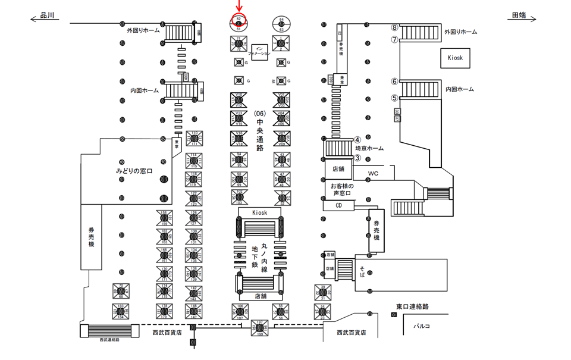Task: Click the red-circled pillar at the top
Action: pos(239,23)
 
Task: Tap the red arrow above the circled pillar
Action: pos(239,7)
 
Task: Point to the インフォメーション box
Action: pos(259,51)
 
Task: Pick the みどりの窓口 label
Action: pos(134,171)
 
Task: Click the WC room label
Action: pos(373,174)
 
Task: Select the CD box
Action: pos(339,205)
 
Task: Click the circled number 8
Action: pos(394,27)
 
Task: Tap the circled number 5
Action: pos(394,98)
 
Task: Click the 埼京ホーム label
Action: pos(369,149)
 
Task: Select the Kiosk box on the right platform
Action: pos(456,58)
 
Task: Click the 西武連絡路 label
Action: pos(109,340)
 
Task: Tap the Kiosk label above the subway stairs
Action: pos(260,212)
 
